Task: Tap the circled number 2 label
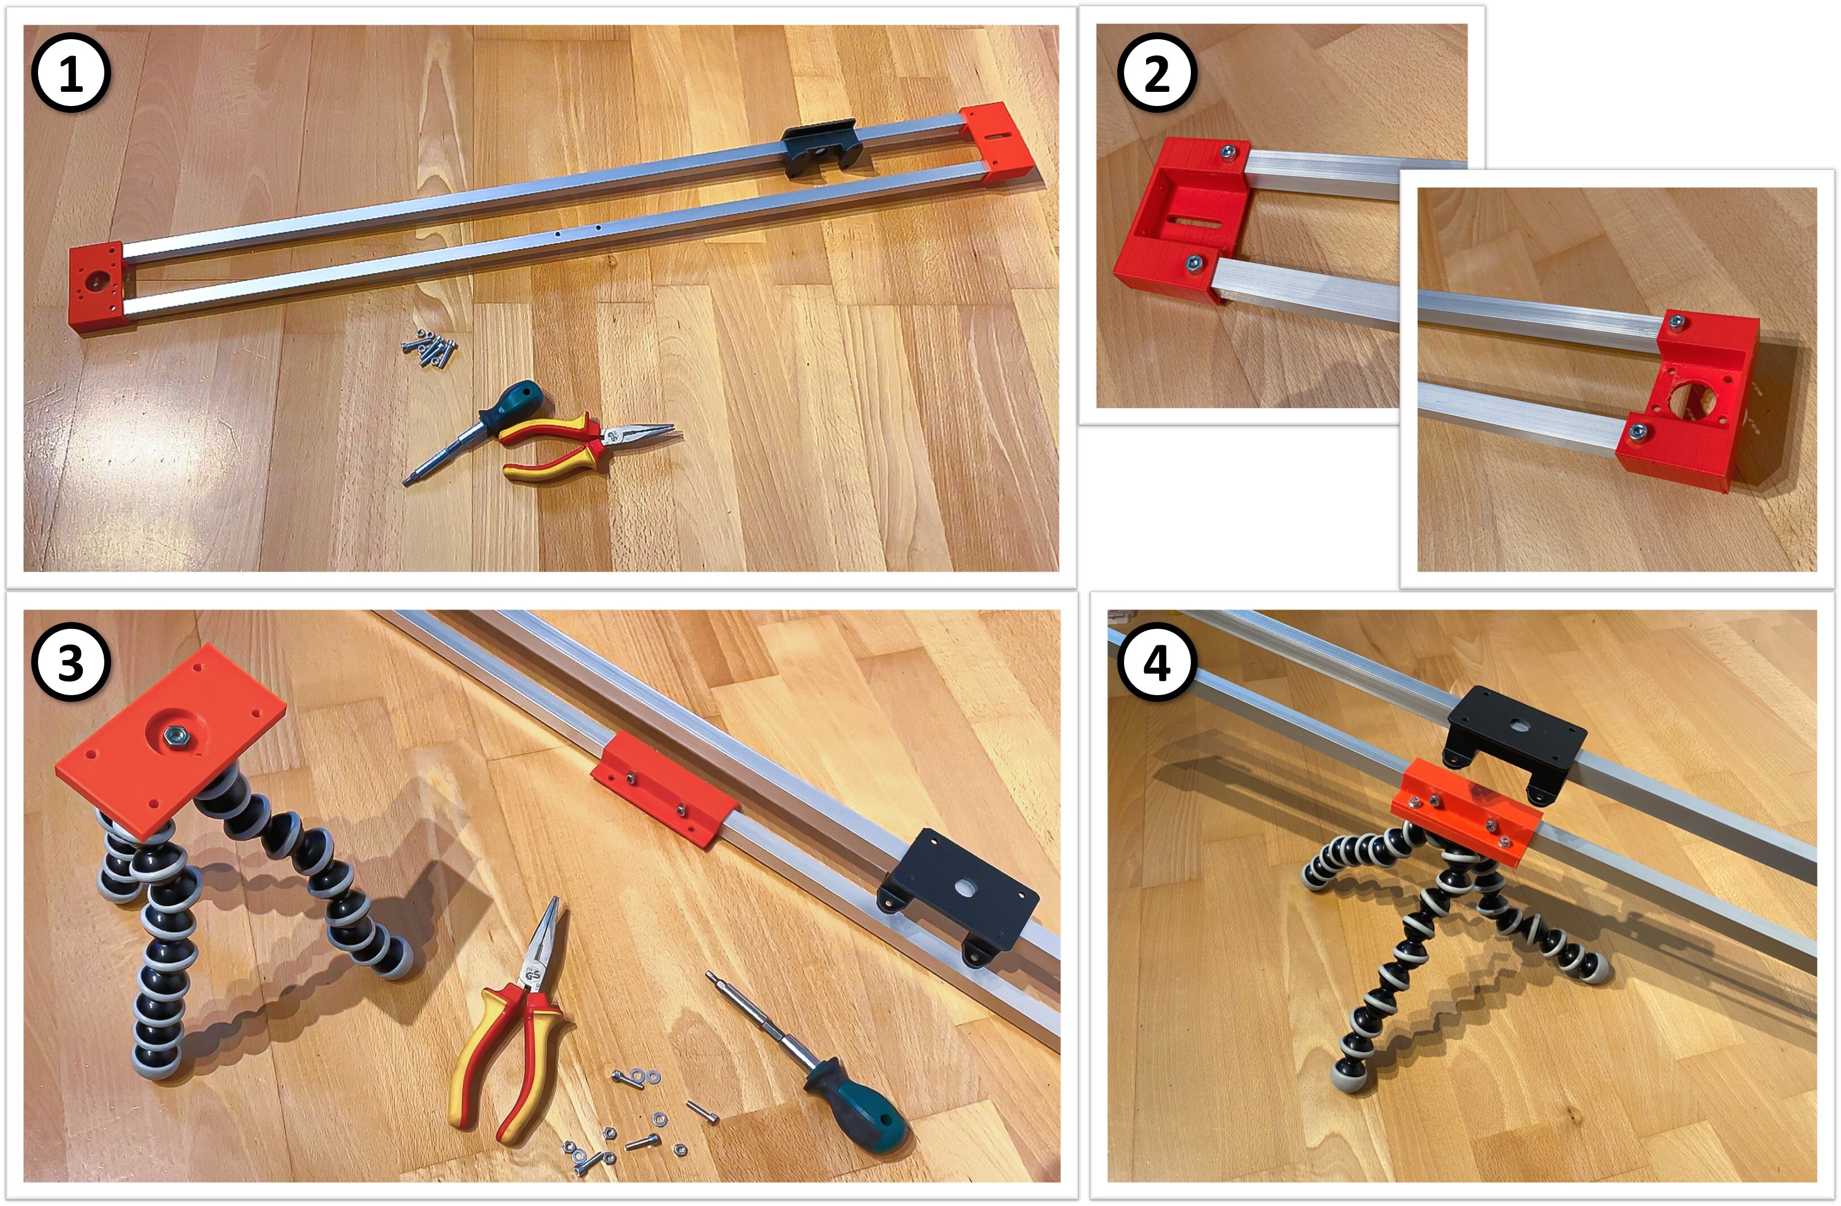[1157, 74]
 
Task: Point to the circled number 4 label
[1157, 662]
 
